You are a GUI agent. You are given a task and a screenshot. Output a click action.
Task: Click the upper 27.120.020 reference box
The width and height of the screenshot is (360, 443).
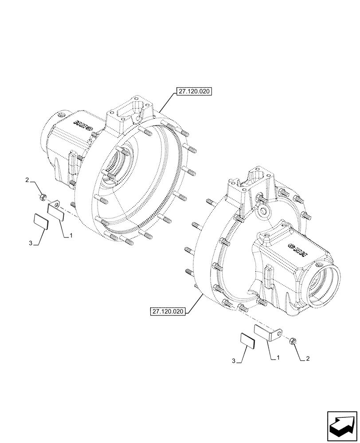(x=194, y=92)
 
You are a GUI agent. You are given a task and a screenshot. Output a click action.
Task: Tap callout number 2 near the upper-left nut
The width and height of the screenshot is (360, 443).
(x=27, y=181)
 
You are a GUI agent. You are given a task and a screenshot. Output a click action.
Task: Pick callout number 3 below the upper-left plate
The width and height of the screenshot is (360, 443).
(x=30, y=243)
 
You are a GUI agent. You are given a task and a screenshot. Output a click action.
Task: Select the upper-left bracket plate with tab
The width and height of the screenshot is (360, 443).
(x=56, y=210)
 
